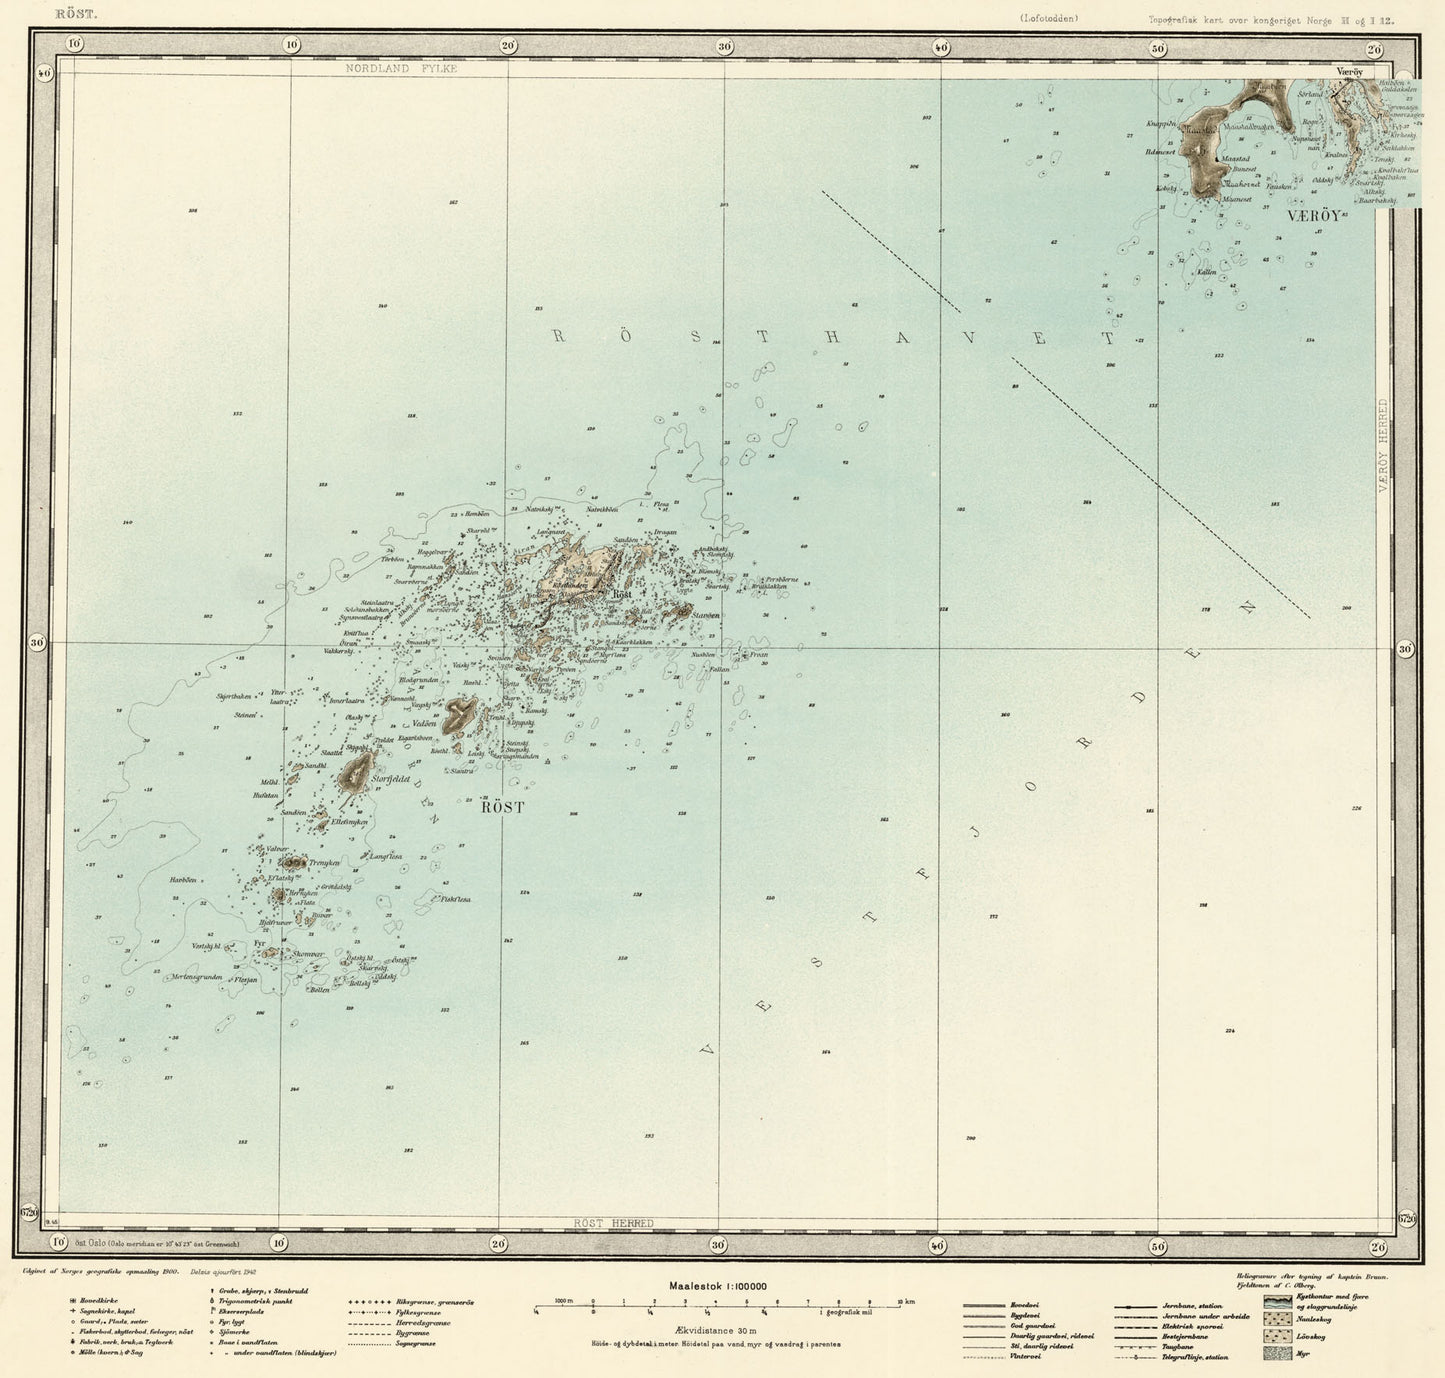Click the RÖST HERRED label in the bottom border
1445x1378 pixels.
(x=614, y=1223)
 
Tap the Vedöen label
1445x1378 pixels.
(x=424, y=723)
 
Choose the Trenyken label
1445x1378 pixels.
(x=325, y=862)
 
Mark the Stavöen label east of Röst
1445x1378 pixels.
(x=706, y=616)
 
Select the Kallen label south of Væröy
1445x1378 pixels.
(x=1206, y=272)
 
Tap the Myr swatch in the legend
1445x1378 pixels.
(x=1276, y=1353)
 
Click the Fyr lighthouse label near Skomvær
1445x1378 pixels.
(x=259, y=942)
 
